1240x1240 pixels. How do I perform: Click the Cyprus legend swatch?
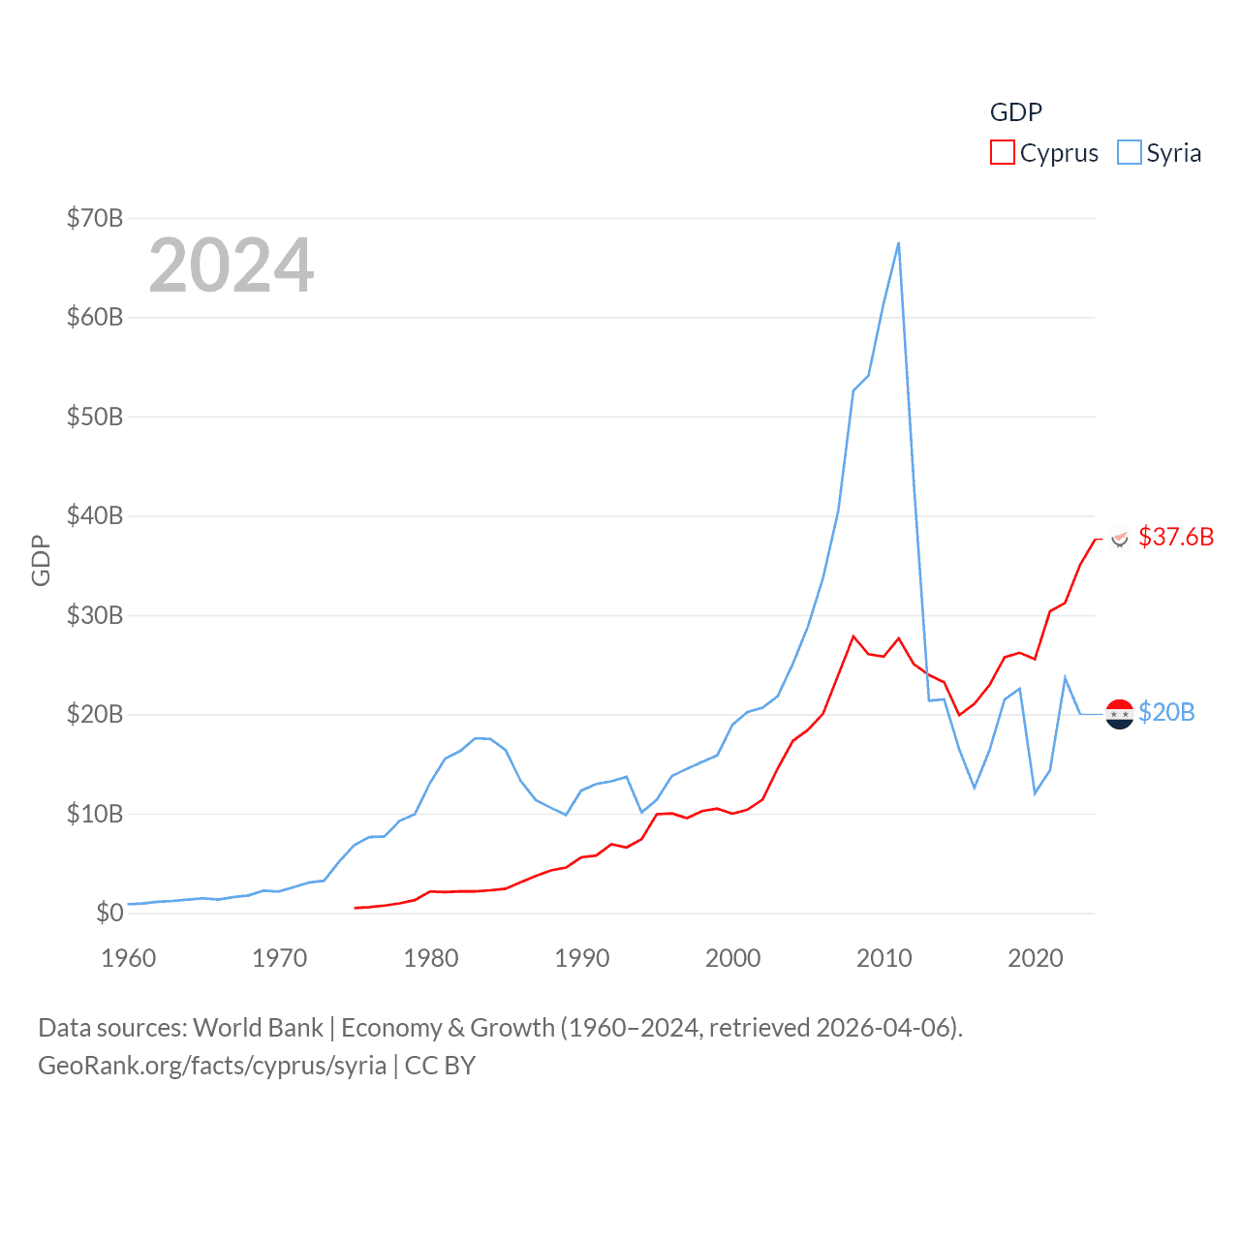click(x=1002, y=153)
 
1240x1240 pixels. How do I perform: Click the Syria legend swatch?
click(x=1129, y=153)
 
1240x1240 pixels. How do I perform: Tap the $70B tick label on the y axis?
click(x=95, y=218)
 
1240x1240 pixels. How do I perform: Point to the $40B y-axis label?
click(x=95, y=515)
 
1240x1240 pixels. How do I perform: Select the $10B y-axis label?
click(x=95, y=814)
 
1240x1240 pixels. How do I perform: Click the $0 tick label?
click(x=109, y=913)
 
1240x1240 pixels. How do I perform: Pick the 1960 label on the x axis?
click(x=128, y=958)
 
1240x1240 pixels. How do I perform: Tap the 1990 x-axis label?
click(x=581, y=958)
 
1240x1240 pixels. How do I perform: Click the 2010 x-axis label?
click(x=883, y=958)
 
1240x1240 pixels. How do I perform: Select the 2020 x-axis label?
click(x=1035, y=958)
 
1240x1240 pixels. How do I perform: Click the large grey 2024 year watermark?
click(x=231, y=265)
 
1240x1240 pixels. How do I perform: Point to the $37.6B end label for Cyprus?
click(x=1176, y=537)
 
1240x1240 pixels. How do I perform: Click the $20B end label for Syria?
click(x=1166, y=712)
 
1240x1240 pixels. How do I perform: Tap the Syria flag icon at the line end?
click(x=1120, y=714)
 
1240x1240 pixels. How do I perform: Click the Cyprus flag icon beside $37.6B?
click(x=1120, y=538)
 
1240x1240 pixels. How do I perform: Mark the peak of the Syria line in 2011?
click(x=898, y=243)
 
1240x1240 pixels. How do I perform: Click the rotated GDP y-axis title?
click(x=41, y=560)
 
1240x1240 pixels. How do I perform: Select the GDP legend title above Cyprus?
click(x=1015, y=112)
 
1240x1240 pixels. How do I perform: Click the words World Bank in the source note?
click(x=258, y=1027)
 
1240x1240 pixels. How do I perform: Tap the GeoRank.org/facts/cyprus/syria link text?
click(x=212, y=1066)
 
